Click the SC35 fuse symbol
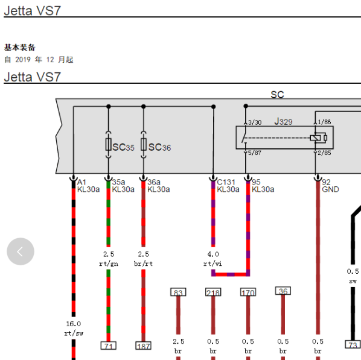(109, 145)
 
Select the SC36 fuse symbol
(144, 145)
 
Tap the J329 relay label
(283, 121)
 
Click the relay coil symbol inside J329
(318, 138)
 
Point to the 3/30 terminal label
(255, 122)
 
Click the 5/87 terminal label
(255, 153)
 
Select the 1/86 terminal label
(324, 122)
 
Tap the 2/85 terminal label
(324, 153)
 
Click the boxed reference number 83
(178, 292)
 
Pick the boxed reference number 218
(213, 292)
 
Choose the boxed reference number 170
(248, 292)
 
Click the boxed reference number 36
(283, 291)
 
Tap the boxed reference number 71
(109, 346)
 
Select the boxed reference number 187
(143, 346)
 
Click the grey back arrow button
(21, 251)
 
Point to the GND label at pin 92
(330, 189)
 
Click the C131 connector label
(226, 182)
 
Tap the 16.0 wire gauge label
(74, 324)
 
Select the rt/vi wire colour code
(212, 264)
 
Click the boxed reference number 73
(353, 344)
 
